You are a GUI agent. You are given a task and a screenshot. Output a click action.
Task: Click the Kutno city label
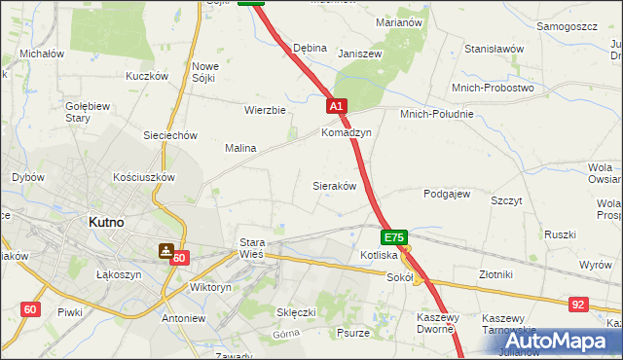(105, 222)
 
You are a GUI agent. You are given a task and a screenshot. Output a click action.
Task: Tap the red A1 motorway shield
(336, 105)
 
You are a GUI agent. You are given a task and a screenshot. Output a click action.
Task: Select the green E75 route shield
(394, 236)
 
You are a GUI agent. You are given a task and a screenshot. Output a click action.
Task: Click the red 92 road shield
(578, 305)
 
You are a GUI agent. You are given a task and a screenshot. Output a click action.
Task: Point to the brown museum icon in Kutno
(166, 250)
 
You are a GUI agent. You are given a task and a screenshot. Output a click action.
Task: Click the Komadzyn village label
(347, 132)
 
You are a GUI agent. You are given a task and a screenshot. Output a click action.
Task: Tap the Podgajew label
(447, 194)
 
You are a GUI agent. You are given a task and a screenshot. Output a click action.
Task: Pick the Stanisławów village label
(494, 49)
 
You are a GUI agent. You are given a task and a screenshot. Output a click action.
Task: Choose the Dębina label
(310, 48)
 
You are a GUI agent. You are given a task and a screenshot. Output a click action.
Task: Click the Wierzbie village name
(265, 110)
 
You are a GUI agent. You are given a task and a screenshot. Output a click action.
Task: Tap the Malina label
(240, 148)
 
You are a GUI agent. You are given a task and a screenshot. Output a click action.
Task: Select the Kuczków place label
(147, 76)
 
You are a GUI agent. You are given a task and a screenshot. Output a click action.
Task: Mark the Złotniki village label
(502, 275)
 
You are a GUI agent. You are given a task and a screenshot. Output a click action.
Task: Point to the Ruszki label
(560, 234)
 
